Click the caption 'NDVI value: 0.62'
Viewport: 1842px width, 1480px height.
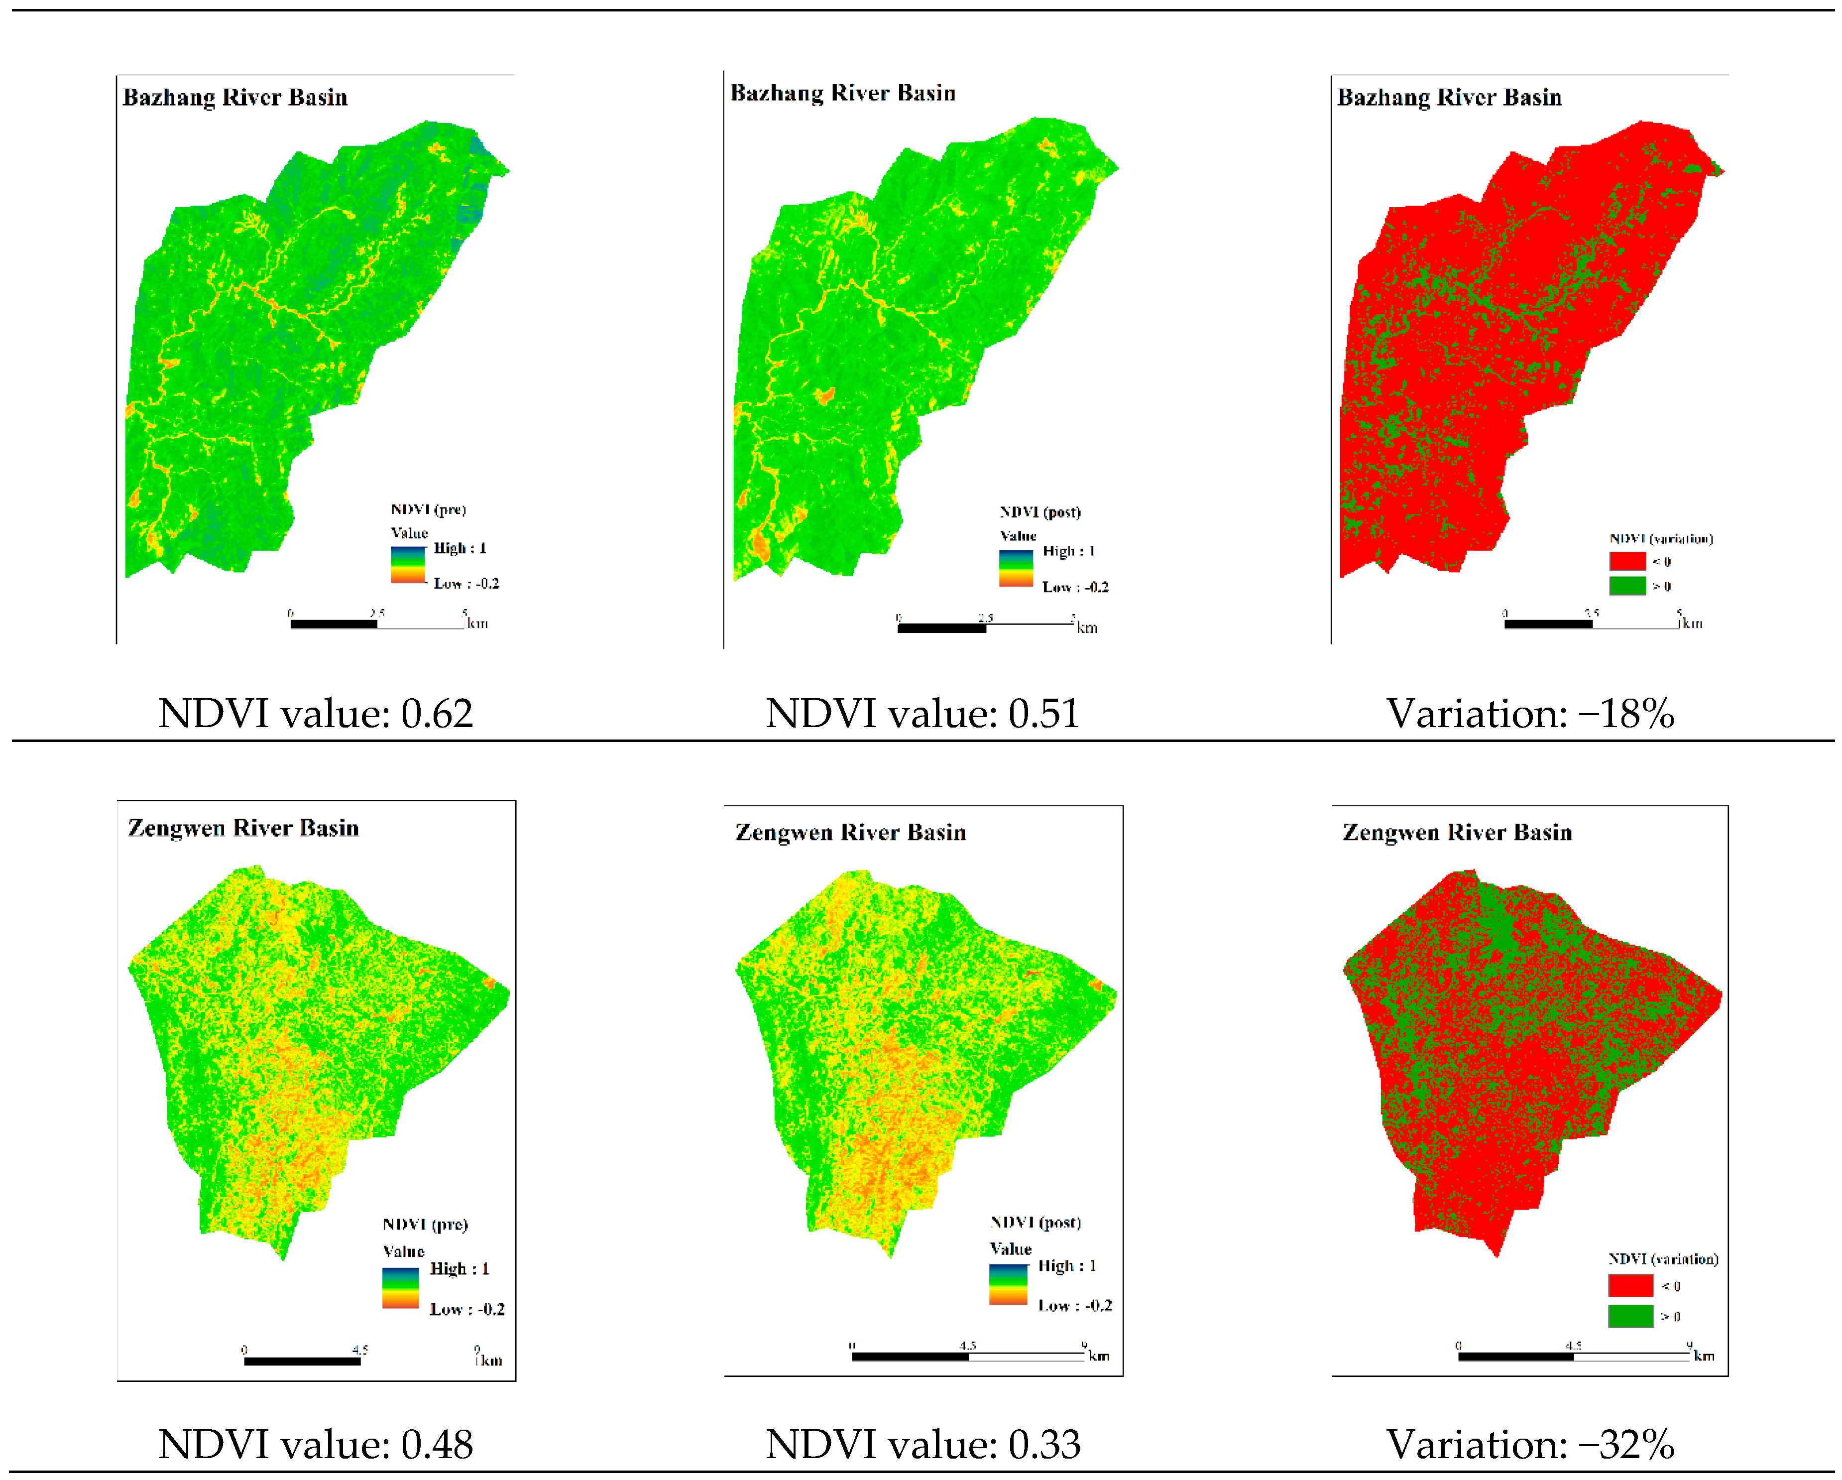pos(315,714)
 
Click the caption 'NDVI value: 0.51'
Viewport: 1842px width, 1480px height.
pos(922,714)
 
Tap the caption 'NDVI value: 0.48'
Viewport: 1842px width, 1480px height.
pos(315,1444)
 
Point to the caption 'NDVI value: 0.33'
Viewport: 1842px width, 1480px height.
pos(922,1444)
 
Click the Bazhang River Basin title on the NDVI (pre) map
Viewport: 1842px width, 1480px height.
pos(235,98)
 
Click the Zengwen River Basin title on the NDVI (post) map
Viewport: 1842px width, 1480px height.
pos(851,832)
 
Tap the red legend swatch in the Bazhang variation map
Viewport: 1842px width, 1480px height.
pos(1627,561)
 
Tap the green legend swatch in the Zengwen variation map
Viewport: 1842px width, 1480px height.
pos(1630,1316)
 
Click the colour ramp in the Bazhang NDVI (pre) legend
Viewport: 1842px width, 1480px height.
pos(408,565)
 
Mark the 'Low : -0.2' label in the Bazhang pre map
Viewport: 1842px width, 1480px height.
pos(465,584)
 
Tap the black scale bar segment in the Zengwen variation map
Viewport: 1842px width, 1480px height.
pos(1515,1356)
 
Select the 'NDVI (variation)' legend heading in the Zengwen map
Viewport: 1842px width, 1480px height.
pos(1663,1259)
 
